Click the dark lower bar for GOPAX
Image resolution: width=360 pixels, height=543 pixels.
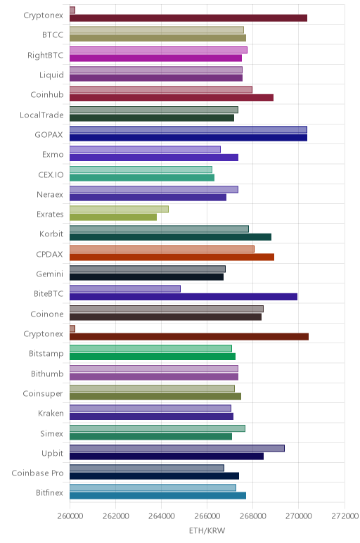click(x=188, y=138)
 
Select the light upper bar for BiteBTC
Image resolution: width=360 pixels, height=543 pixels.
click(x=125, y=289)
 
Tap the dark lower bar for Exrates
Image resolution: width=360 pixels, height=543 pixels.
click(x=113, y=217)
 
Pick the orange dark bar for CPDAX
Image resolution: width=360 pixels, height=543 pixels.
click(x=172, y=257)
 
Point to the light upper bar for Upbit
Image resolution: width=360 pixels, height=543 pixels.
click(x=177, y=448)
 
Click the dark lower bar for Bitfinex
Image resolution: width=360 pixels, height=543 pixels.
click(x=157, y=496)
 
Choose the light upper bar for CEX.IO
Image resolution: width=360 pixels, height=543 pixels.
click(x=141, y=170)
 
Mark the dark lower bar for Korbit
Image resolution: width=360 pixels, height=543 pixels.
click(x=170, y=237)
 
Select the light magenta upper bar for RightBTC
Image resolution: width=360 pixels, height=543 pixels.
click(x=158, y=50)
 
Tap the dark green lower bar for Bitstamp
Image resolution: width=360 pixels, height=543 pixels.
click(x=153, y=357)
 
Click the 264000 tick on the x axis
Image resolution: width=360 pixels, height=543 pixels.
click(x=161, y=516)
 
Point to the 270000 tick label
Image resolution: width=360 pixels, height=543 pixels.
click(x=298, y=516)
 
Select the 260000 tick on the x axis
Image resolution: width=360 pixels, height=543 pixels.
click(x=70, y=516)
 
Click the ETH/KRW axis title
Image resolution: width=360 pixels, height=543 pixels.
click(x=207, y=530)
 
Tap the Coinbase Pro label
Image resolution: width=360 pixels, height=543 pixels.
click(x=37, y=473)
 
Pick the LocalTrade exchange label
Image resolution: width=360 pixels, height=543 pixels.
click(x=41, y=115)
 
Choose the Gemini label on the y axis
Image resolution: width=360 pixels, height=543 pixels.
click(x=50, y=274)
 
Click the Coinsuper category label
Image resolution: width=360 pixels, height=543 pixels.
click(x=43, y=394)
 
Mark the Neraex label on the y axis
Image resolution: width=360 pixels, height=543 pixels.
click(x=50, y=195)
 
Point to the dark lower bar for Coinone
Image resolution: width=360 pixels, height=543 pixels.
click(x=165, y=317)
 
